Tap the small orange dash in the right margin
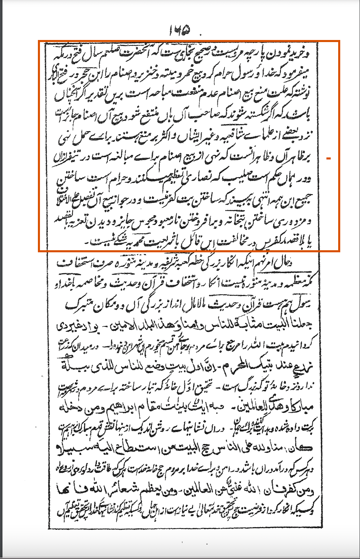328,158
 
